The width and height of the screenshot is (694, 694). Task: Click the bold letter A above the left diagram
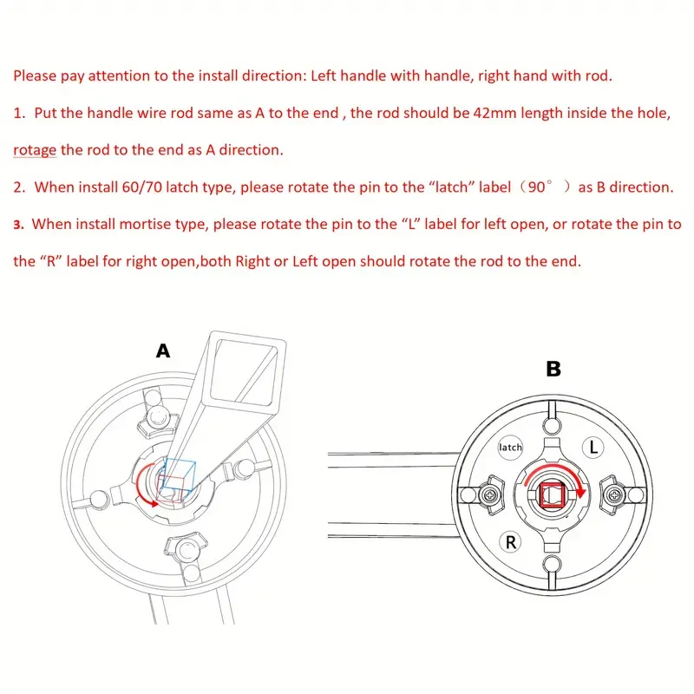(162, 351)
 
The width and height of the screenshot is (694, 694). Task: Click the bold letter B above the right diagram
(553, 370)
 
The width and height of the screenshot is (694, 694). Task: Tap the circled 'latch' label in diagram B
(511, 448)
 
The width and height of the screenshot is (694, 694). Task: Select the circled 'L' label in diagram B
(592, 448)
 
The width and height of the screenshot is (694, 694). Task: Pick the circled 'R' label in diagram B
(512, 543)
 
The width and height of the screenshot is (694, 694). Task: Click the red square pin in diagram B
(552, 495)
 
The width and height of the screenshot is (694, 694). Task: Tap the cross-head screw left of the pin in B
(491, 495)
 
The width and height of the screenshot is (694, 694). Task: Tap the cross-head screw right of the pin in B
(613, 495)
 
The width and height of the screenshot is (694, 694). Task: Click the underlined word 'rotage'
(35, 149)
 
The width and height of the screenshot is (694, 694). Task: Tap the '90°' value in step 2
(540, 187)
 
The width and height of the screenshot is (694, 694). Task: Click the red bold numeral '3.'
(19, 225)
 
